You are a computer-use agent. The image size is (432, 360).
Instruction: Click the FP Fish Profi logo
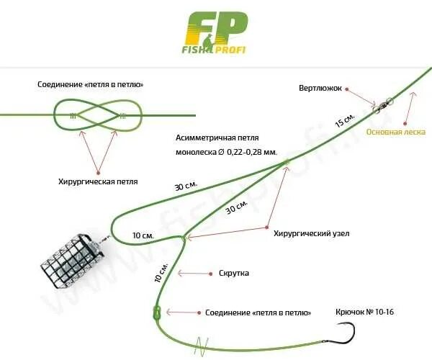pos(216,32)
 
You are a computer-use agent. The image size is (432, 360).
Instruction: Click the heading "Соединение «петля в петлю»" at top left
pos(91,84)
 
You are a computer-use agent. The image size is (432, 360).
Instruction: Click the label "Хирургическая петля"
pos(97,181)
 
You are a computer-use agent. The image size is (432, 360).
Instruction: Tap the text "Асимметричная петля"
pos(217,138)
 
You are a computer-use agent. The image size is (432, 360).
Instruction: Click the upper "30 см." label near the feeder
pos(186,186)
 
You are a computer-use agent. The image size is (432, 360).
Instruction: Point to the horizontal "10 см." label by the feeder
pos(143,235)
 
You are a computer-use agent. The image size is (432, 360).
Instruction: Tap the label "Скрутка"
pos(233,274)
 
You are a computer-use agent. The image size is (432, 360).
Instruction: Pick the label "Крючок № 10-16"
pos(365,312)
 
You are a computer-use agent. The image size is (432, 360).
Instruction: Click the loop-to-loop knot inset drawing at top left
pos(97,115)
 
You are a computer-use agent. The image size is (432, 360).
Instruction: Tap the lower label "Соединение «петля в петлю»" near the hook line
pos(258,312)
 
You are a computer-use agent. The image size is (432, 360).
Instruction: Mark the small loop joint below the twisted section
pos(156,312)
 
